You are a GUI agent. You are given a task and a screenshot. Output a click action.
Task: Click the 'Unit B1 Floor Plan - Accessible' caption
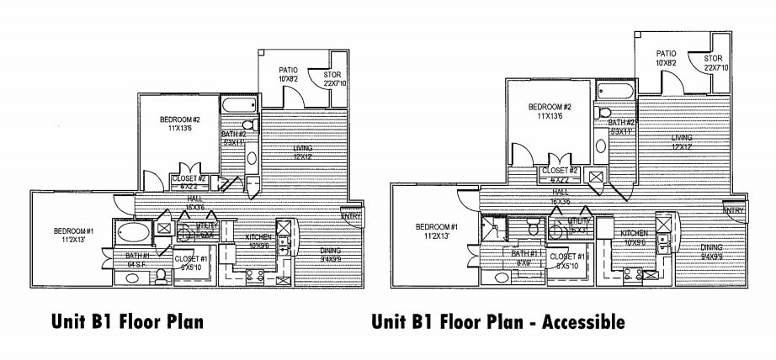point(497,321)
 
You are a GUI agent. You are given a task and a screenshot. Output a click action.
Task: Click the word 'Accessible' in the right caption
point(582,321)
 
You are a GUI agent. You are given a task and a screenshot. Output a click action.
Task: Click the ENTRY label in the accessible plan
point(733,210)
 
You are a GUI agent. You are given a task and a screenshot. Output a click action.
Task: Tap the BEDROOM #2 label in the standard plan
point(178,119)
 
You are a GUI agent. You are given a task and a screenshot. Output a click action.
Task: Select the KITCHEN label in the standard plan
point(258,237)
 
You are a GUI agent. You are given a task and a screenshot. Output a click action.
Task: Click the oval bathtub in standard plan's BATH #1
point(133,231)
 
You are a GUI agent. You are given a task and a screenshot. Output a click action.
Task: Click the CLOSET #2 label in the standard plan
point(189,178)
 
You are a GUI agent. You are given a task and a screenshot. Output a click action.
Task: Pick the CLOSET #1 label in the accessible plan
point(566,257)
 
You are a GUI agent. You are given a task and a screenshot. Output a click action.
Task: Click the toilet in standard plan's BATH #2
point(236,124)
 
